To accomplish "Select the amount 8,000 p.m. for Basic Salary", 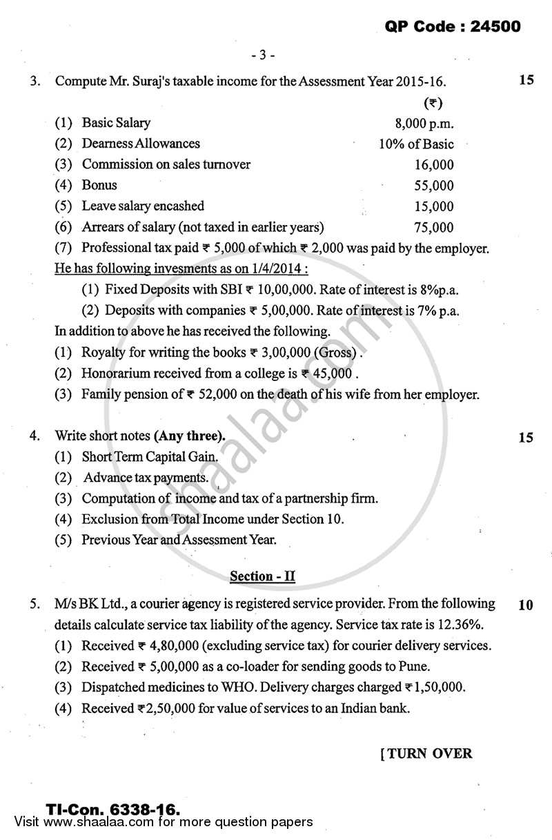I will click(x=424, y=124).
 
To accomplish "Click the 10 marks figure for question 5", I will click(x=525, y=605).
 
